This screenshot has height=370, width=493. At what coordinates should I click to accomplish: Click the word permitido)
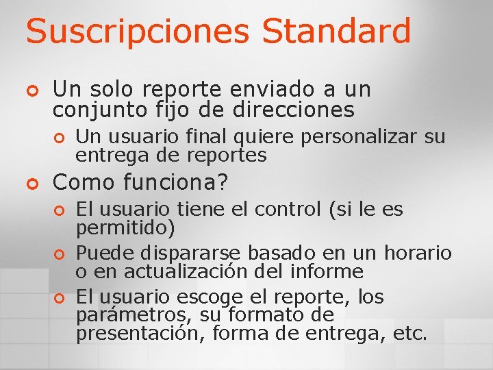(125, 227)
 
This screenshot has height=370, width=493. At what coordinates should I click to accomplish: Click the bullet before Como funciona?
(30, 184)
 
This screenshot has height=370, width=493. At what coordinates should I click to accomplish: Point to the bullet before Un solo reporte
(30, 90)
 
